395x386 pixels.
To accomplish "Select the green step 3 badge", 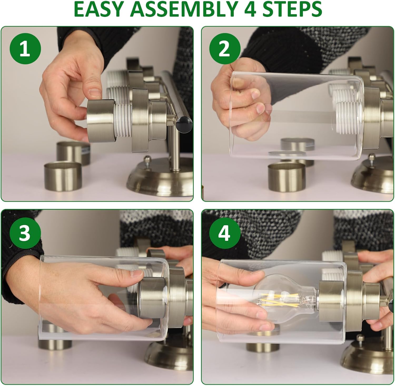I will click(x=25, y=233).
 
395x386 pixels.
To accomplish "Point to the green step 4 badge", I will click(x=225, y=233).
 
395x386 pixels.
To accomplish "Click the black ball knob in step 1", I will click(x=185, y=123).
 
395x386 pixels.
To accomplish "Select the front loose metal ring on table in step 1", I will click(x=62, y=176).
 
